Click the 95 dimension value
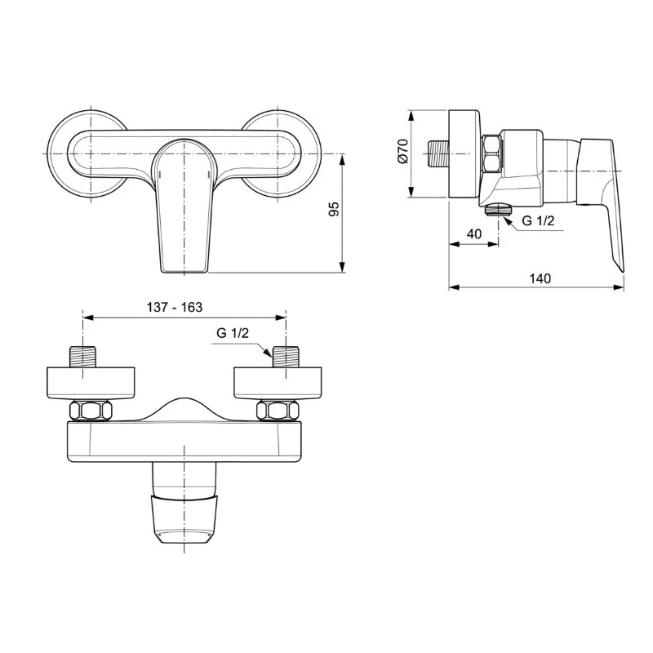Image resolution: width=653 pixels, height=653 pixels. (x=333, y=210)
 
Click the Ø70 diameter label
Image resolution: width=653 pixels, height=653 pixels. (x=402, y=153)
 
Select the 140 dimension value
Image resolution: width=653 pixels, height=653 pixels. (x=540, y=278)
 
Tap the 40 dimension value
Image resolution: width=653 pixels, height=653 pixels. (x=473, y=234)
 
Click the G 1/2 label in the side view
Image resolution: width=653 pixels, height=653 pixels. (x=539, y=220)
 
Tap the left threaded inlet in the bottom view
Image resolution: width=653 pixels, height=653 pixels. (x=85, y=358)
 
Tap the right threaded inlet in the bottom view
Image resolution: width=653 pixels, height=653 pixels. (x=286, y=358)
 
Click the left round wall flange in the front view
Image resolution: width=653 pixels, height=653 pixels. (x=65, y=153)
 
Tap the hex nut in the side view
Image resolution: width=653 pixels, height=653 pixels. (x=491, y=154)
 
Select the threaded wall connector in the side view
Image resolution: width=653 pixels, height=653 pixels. (x=439, y=154)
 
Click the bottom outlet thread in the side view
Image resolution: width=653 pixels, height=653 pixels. (x=495, y=208)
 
